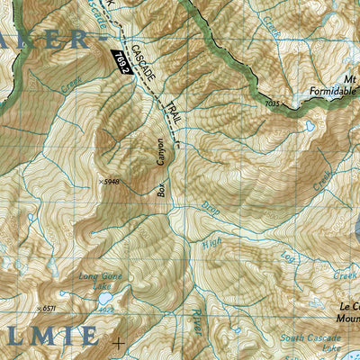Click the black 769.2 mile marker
[x=121, y=61]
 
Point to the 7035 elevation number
[x=273, y=105]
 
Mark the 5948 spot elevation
[x=110, y=181]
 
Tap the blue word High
[x=211, y=242]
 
